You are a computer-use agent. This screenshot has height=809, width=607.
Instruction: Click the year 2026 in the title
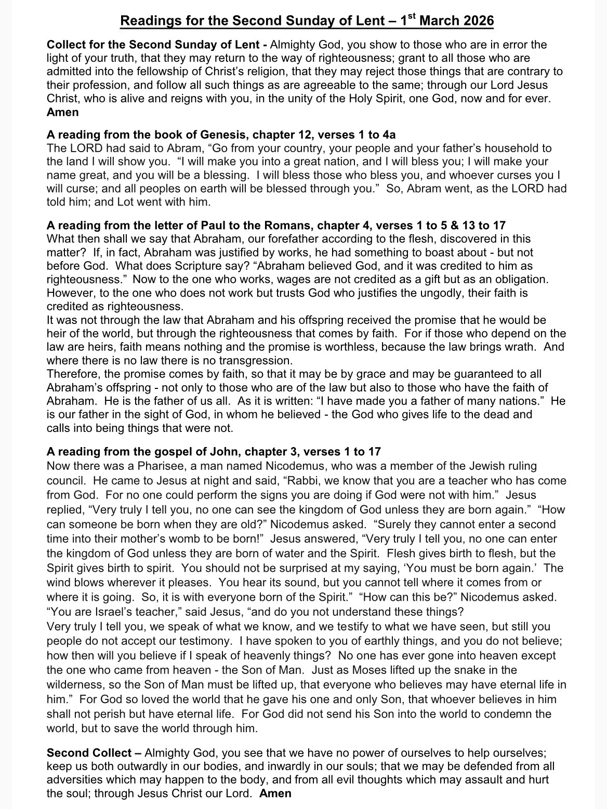point(475,21)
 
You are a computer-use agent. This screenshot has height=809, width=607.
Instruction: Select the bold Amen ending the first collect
point(62,112)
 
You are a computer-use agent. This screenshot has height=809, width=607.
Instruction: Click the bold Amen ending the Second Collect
point(275,793)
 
